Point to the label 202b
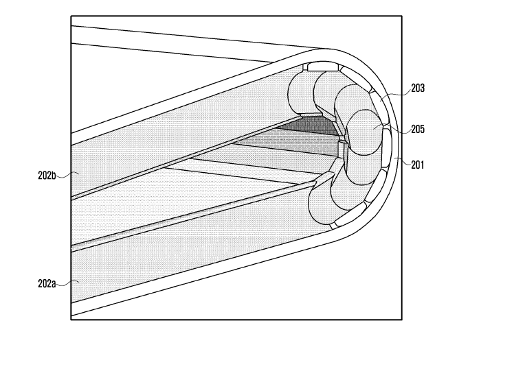point(46,175)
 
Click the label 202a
point(46,282)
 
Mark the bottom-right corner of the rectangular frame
point(401,320)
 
